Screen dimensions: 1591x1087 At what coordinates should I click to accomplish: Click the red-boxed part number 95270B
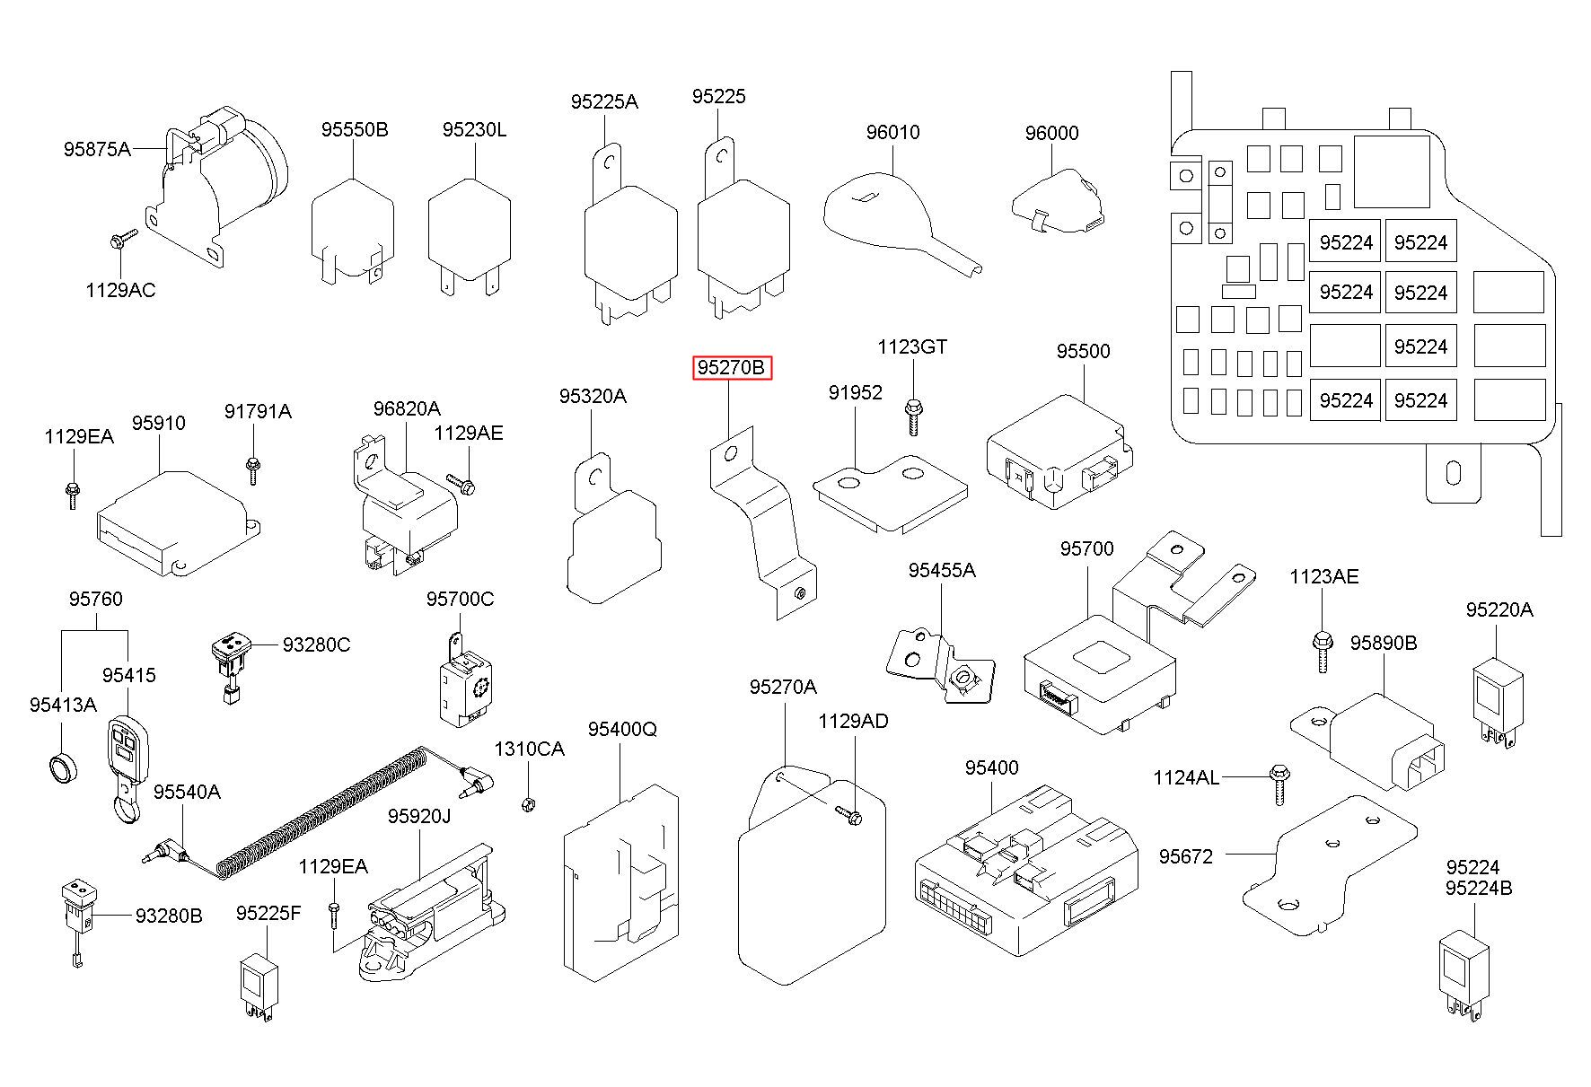tap(732, 368)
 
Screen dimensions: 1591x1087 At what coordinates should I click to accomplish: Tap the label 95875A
tap(97, 149)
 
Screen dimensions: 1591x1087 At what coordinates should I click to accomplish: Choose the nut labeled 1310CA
tap(528, 802)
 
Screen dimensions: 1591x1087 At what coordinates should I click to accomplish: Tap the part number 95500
tap(1083, 351)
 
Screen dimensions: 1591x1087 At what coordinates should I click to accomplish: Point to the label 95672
tap(1185, 856)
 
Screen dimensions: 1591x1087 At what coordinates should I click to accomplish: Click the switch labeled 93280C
tap(232, 662)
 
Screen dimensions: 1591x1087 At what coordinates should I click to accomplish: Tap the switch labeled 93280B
tap(79, 915)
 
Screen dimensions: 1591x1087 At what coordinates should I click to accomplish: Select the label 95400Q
tap(623, 729)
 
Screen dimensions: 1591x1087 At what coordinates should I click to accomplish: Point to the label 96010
tap(892, 133)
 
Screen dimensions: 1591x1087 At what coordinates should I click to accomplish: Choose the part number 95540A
tap(187, 792)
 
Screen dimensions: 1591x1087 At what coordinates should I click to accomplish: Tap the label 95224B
tap(1479, 889)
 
